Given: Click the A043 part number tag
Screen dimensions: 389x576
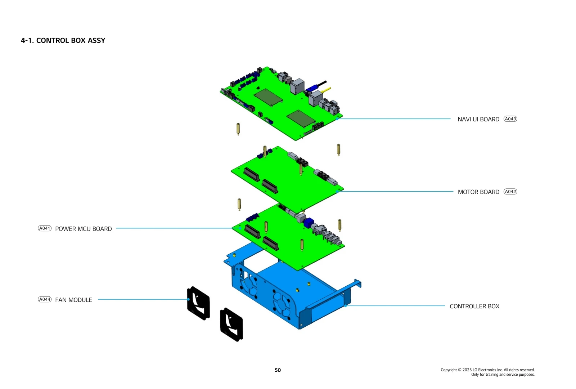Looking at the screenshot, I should tap(510, 119).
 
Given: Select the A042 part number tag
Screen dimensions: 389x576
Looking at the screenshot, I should tap(510, 192).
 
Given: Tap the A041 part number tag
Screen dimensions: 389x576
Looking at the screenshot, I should tap(45, 228).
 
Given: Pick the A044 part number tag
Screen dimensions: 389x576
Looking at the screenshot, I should tap(45, 299).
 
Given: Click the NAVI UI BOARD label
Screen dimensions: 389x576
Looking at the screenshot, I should tap(478, 119).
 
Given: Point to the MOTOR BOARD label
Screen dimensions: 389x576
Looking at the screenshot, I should tap(478, 192).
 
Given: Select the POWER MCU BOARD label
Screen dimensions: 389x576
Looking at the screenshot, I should tap(84, 229).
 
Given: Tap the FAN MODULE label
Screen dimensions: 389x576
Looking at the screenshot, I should tap(73, 300).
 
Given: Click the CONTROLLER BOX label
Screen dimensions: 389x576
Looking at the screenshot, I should tap(474, 306).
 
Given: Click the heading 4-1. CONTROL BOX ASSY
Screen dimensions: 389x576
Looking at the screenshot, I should tap(63, 40).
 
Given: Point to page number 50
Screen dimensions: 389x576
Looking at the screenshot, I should tap(278, 370).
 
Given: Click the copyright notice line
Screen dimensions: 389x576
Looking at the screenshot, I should tap(487, 370).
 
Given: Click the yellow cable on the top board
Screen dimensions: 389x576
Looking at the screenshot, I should tap(325, 89).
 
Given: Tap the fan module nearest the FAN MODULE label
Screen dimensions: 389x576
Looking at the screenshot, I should tap(198, 303).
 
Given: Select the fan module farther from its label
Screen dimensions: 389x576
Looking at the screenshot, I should tap(231, 325).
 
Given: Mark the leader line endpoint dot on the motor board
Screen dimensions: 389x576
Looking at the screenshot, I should tap(337, 191).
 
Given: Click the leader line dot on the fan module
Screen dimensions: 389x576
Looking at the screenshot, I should tap(188, 299).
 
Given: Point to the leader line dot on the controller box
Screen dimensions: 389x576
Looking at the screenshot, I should tap(345, 306).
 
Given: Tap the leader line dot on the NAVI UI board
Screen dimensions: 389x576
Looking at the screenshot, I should tap(337, 119).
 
